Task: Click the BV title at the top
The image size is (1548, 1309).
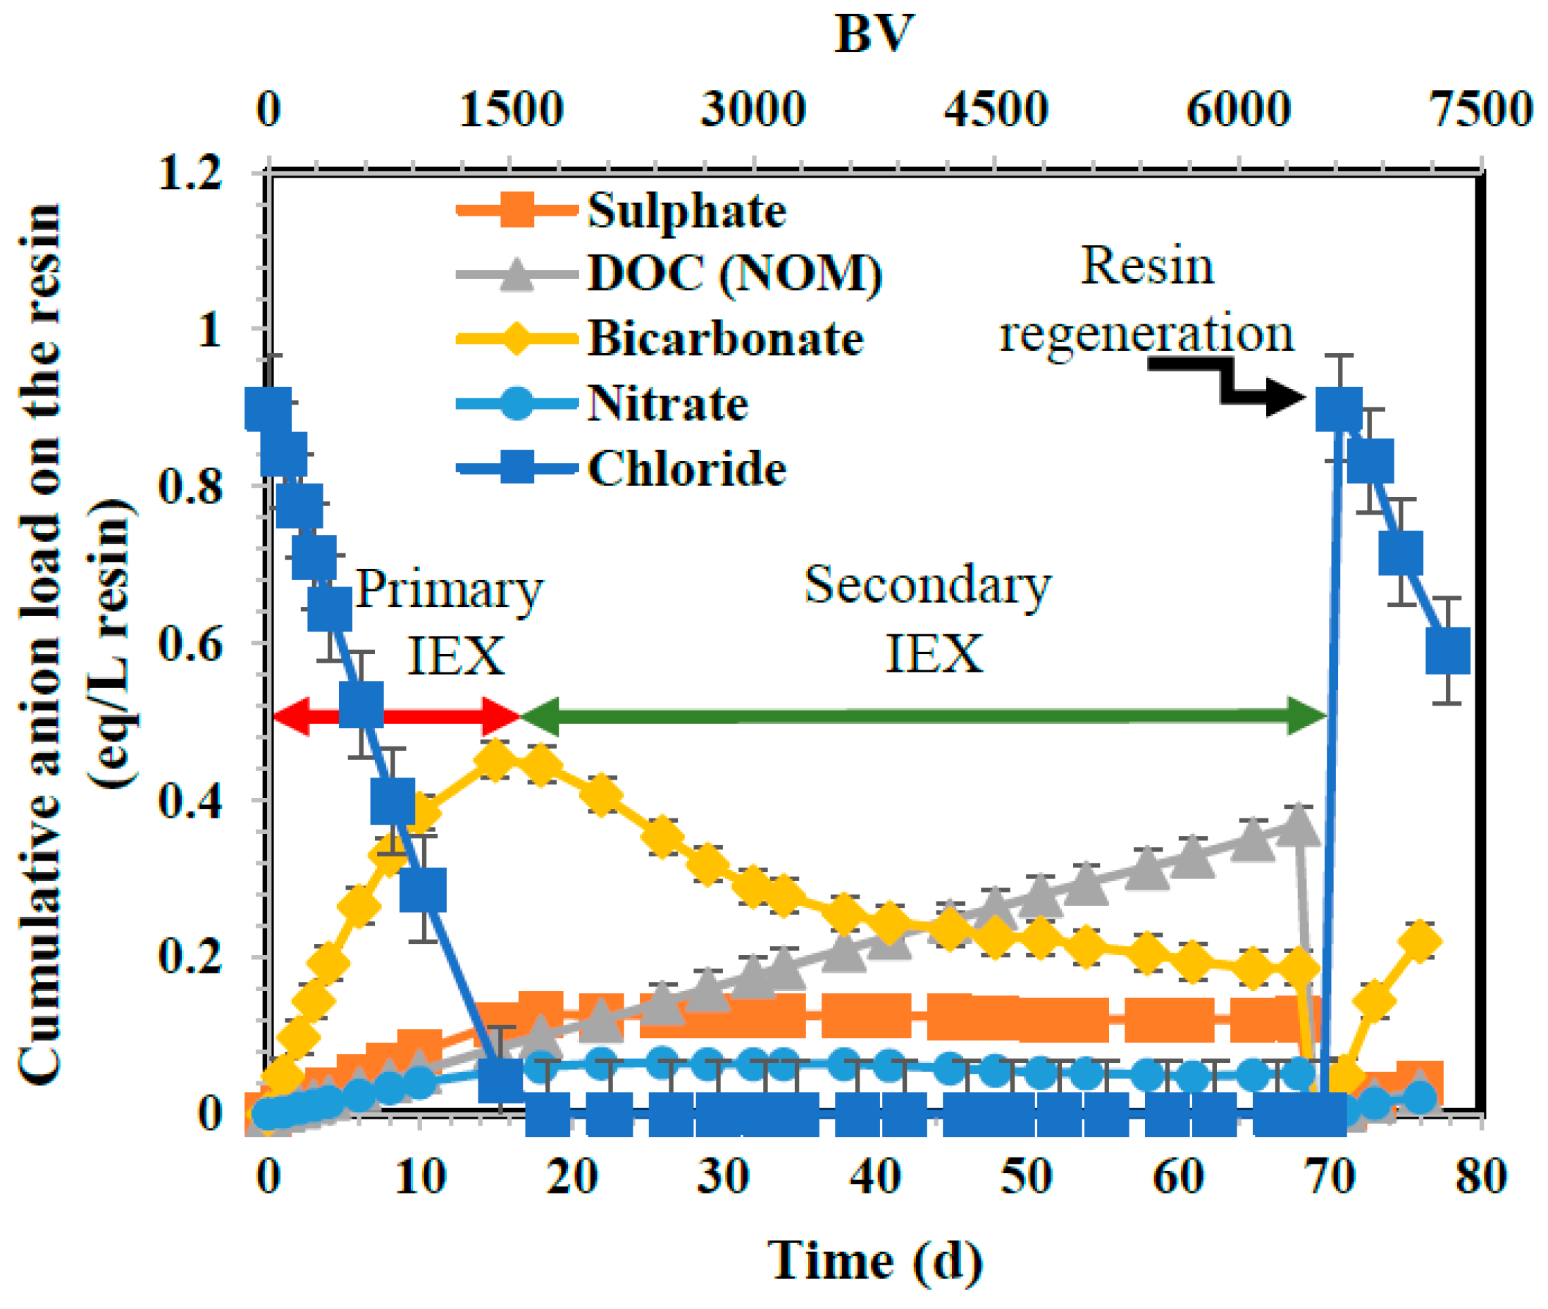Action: point(874,33)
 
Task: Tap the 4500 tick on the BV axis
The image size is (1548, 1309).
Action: point(996,110)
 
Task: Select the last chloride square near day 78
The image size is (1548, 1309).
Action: point(1447,650)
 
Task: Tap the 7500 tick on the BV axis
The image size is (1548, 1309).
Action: point(1481,110)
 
